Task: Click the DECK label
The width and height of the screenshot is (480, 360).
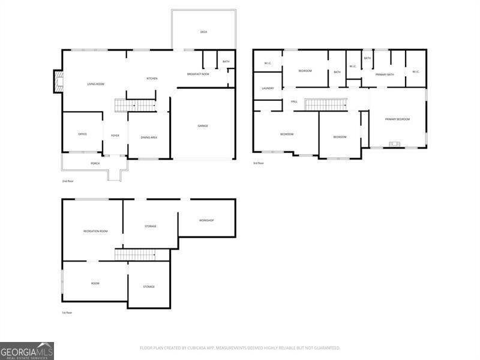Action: [x=203, y=32]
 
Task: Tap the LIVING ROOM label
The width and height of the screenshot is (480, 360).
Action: [x=95, y=84]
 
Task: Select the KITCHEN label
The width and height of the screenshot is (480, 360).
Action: [x=152, y=79]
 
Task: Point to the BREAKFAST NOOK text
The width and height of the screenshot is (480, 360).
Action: [x=198, y=74]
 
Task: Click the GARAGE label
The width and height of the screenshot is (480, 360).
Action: [x=203, y=125]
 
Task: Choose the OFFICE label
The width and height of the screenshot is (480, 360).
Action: [x=83, y=134]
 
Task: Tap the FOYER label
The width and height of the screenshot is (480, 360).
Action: [x=115, y=136]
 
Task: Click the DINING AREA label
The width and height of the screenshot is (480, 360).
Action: [x=149, y=137]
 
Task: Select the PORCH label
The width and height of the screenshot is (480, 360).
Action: [x=95, y=163]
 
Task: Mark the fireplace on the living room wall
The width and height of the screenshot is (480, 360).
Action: [x=58, y=82]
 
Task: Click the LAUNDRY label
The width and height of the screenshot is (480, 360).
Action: [x=268, y=88]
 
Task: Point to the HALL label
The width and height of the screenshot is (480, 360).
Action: [x=294, y=101]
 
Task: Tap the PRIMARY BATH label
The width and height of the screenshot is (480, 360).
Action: [x=385, y=74]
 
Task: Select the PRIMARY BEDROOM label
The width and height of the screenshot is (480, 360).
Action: [x=397, y=119]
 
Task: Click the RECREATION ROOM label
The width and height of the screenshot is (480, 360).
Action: [x=95, y=231]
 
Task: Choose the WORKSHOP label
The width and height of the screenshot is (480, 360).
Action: [x=206, y=220]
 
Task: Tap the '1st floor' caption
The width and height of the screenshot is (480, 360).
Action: [x=68, y=312]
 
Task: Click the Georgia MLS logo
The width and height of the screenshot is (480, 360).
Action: [x=27, y=350]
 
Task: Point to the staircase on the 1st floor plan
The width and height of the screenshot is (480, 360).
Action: [x=134, y=255]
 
